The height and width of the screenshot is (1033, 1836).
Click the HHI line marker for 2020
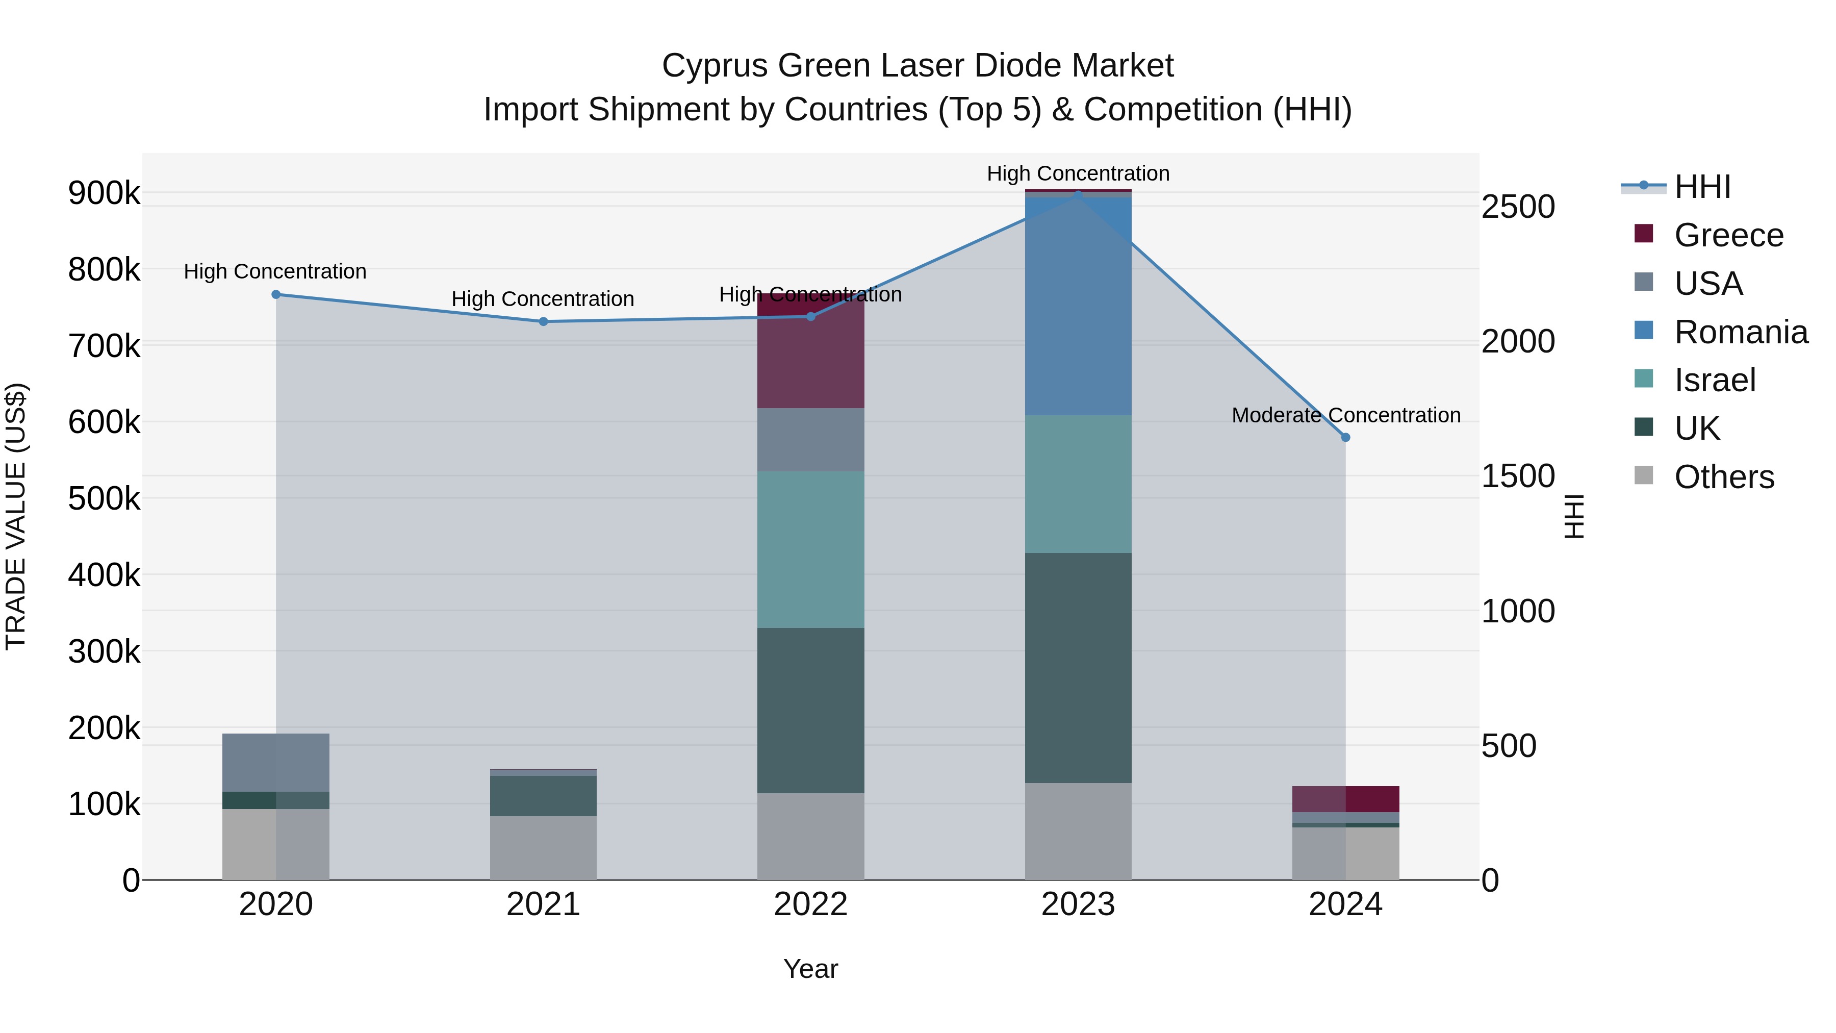point(276,294)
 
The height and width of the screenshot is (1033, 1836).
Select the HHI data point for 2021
point(543,321)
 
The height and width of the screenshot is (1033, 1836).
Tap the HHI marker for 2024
point(1346,438)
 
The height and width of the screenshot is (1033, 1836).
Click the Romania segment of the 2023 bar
point(1078,307)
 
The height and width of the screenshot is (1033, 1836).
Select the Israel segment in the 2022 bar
point(810,549)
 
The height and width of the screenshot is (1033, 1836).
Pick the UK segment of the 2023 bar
point(1078,667)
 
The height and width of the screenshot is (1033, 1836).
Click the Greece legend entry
point(1728,235)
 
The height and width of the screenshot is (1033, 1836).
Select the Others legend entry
point(1723,477)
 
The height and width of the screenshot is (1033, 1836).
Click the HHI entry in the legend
point(1701,187)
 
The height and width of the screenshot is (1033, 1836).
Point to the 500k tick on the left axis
point(104,498)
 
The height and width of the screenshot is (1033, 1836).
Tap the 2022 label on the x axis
point(810,904)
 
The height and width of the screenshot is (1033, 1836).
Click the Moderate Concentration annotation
point(1346,415)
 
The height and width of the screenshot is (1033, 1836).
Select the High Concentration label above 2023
point(1078,173)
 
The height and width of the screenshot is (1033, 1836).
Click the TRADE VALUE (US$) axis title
point(16,516)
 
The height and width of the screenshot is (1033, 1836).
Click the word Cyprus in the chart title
point(715,66)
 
